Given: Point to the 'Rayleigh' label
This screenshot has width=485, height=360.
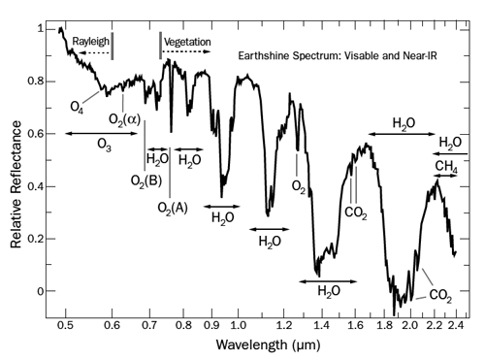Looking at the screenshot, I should (x=81, y=42).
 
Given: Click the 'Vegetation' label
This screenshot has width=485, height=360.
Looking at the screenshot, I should (x=187, y=43).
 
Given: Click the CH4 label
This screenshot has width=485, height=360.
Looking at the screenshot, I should (x=446, y=168).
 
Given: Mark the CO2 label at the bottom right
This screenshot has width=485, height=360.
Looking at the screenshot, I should (x=439, y=294).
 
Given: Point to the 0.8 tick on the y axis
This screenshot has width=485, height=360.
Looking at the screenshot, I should (x=38, y=82).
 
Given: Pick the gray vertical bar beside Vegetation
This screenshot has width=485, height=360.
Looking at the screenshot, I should (x=159, y=45).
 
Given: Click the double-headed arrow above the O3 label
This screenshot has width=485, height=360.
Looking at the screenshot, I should (x=102, y=132).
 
